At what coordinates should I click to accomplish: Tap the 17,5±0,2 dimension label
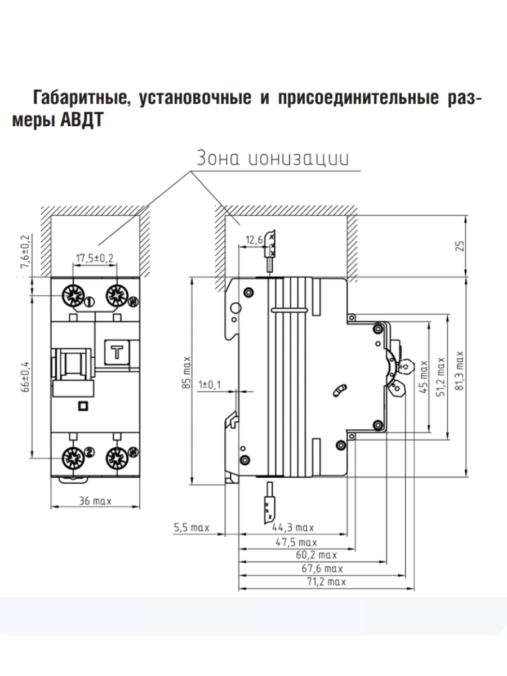pos(95,258)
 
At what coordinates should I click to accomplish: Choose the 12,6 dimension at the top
pos(254,241)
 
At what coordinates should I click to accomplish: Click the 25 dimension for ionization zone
pos(461,246)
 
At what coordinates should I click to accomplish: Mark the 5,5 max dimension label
pos(192,528)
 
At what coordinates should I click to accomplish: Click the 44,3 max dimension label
pos(293,528)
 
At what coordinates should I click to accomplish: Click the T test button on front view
pos(118,353)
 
